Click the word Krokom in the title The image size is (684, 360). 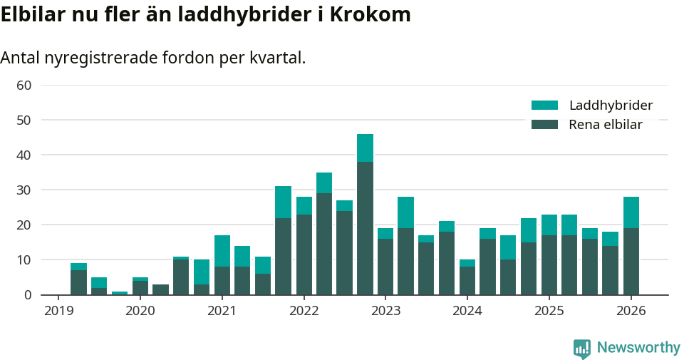click(375, 15)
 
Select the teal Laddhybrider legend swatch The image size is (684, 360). click(544, 106)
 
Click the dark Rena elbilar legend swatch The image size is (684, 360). click(544, 125)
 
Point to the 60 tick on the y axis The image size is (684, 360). click(24, 86)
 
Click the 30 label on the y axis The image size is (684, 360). click(24, 190)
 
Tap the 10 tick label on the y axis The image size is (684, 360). click(24, 260)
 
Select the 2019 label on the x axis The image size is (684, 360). click(58, 311)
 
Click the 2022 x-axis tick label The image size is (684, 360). click(304, 311)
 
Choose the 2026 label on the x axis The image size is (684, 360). click(631, 311)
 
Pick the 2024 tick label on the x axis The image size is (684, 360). click(467, 311)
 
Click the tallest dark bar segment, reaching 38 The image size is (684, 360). click(365, 228)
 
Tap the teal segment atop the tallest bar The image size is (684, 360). click(365, 148)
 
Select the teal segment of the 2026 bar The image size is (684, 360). click(631, 212)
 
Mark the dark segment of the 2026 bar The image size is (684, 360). click(631, 261)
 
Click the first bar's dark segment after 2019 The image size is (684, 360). click(78, 282)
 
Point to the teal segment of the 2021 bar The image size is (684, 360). click(222, 251)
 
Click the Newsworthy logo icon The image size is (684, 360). click(581, 349)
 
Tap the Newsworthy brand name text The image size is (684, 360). click(638, 348)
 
